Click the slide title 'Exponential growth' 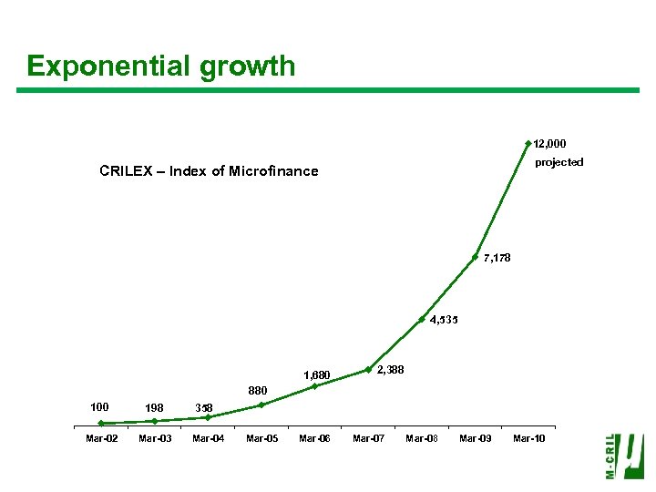click(161, 67)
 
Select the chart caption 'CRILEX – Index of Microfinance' click(209, 170)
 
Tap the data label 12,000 click(549, 144)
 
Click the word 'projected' click(559, 162)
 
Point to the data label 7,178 click(497, 258)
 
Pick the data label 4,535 click(444, 320)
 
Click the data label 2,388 click(391, 369)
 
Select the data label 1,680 click(316, 374)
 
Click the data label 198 click(154, 407)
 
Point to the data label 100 click(100, 406)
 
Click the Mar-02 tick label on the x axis click(101, 439)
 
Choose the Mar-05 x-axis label click(261, 439)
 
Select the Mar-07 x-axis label click(368, 439)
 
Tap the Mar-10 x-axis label click(528, 439)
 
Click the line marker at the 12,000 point click(528, 143)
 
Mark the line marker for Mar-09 click(475, 257)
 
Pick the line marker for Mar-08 click(422, 319)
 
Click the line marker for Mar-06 click(314, 386)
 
